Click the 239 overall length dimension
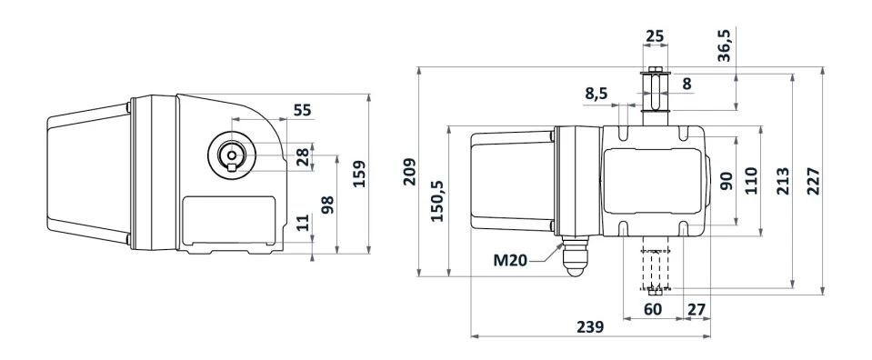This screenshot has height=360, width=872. [x=590, y=326]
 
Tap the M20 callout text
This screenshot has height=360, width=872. [x=510, y=260]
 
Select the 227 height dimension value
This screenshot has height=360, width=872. [x=814, y=181]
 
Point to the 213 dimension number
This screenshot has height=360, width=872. [x=783, y=181]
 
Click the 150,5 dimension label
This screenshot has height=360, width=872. [x=438, y=201]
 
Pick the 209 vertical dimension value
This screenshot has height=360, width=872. [x=409, y=172]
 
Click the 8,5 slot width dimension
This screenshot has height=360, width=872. [x=596, y=94]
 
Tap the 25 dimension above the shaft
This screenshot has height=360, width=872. [x=655, y=36]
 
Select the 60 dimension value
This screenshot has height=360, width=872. [x=653, y=308]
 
